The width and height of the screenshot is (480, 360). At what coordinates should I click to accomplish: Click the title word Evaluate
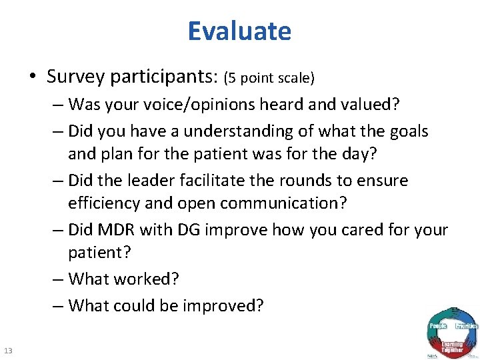coord(239,31)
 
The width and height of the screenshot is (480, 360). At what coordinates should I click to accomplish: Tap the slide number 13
coord(9,351)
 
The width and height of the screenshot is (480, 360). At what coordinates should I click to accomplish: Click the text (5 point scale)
coord(269,78)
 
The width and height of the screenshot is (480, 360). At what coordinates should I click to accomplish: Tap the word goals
coord(406,132)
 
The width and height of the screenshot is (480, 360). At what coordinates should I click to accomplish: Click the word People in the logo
coord(437,326)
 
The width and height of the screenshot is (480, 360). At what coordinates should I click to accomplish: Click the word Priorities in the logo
coord(467,326)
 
